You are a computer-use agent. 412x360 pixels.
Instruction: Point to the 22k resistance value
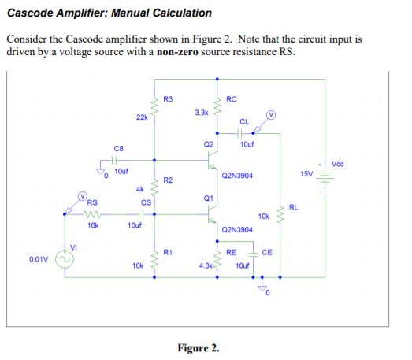click(x=141, y=117)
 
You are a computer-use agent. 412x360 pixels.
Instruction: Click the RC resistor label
click(x=231, y=98)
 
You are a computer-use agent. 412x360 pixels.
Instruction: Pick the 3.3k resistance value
click(x=201, y=113)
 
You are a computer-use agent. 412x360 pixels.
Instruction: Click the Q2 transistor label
click(x=208, y=145)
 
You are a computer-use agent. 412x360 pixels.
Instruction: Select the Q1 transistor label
click(x=208, y=199)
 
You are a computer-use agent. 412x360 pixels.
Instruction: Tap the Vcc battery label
click(x=338, y=164)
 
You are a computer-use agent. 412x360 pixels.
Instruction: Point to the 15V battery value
click(x=306, y=172)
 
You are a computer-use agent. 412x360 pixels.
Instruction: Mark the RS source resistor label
click(x=92, y=202)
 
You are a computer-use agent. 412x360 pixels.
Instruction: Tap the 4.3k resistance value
click(x=206, y=266)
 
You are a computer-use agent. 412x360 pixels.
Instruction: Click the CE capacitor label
click(x=267, y=253)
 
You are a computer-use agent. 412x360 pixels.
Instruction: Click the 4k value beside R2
click(x=139, y=189)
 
